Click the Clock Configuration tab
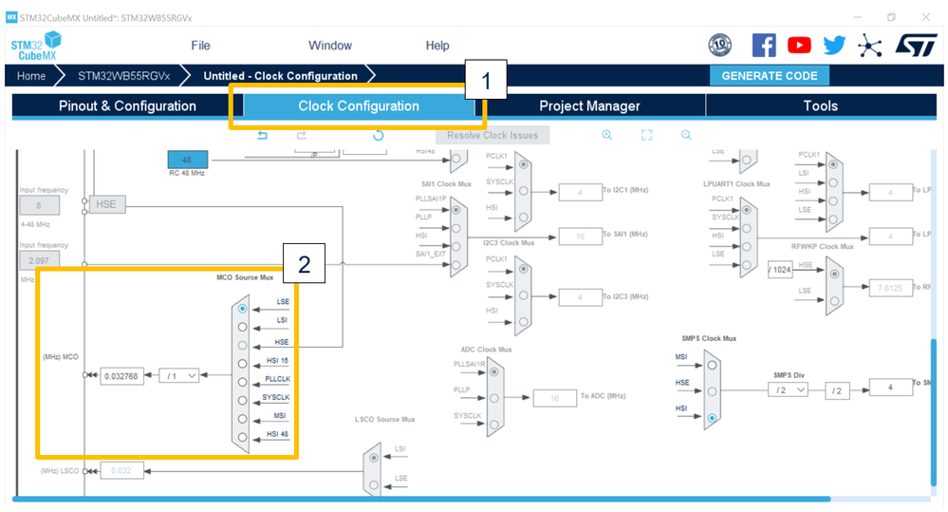[358, 106]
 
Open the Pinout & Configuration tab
[127, 106]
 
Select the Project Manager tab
[589, 106]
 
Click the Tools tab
[820, 106]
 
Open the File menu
[200, 46]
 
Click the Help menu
[437, 46]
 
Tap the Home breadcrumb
[31, 76]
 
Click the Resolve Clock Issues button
[493, 136]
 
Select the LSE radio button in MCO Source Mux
[243, 309]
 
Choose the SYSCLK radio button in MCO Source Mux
[243, 400]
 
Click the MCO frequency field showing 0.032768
[121, 375]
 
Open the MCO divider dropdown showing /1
[178, 375]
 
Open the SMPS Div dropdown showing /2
[789, 389]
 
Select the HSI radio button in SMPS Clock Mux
[711, 417]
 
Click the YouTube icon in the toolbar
[799, 45]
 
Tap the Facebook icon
[764, 45]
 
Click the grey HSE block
[110, 204]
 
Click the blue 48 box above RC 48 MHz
[187, 160]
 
